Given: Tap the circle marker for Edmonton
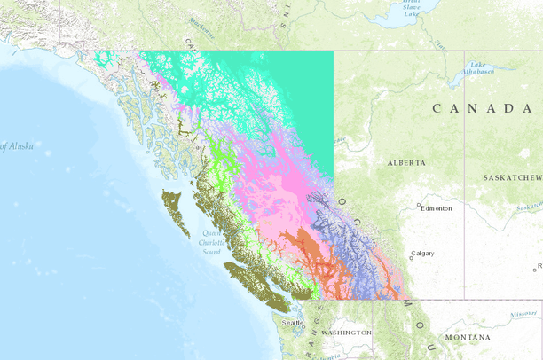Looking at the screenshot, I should coord(419,206).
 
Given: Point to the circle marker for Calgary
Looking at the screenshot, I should coord(412,257).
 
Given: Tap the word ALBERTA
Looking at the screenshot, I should coord(406,163).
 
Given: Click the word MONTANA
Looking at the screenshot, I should coord(468,338).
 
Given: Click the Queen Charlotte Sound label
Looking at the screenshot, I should coord(211,243).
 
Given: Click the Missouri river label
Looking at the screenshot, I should coord(523,314).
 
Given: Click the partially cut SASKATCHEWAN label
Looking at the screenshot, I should coord(513,178).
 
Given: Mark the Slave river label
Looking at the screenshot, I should coord(441,43).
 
